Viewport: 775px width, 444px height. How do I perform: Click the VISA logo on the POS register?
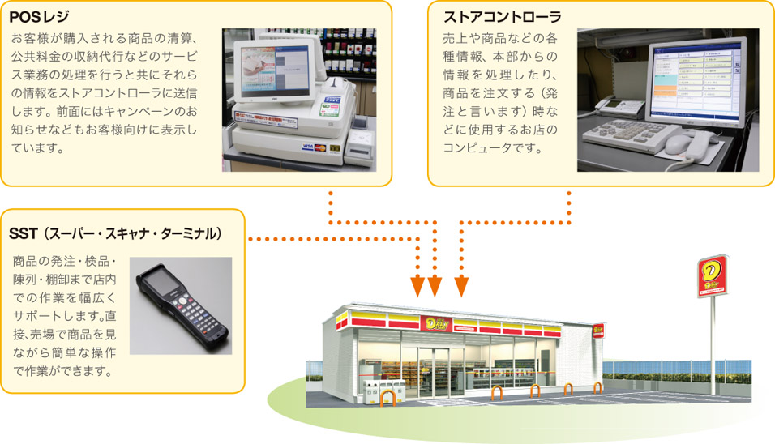point(307,146)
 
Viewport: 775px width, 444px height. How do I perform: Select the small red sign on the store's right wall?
point(598,331)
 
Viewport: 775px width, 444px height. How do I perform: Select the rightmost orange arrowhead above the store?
point(461,286)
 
